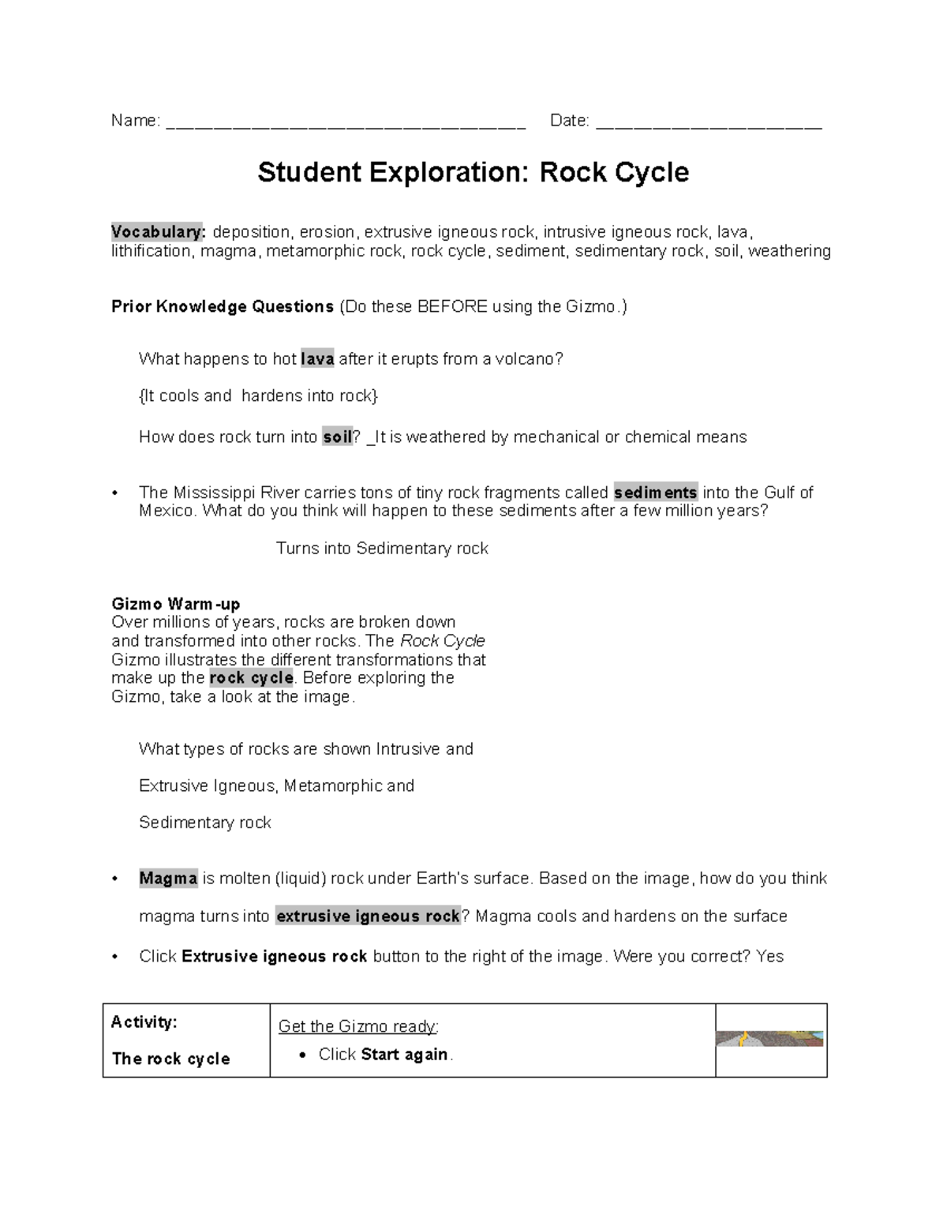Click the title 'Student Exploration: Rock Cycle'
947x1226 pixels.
(x=473, y=172)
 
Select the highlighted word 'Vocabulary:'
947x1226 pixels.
(x=159, y=232)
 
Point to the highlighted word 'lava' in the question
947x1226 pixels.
(x=317, y=359)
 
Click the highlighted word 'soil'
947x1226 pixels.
(x=337, y=437)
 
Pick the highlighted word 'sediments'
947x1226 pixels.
(x=656, y=493)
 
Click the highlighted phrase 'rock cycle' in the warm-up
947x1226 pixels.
(x=252, y=678)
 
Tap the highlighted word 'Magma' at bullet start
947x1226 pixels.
(x=168, y=879)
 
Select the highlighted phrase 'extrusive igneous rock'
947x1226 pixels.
(x=368, y=917)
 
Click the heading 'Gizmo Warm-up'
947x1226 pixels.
(x=175, y=605)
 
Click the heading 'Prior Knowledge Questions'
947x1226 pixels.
(x=223, y=307)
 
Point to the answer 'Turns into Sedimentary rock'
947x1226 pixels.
(x=382, y=549)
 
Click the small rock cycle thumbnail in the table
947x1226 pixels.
(x=769, y=1038)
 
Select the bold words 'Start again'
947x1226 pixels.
(x=404, y=1055)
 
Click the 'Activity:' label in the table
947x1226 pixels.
(x=144, y=1022)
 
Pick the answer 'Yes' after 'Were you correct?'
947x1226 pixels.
(x=769, y=957)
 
